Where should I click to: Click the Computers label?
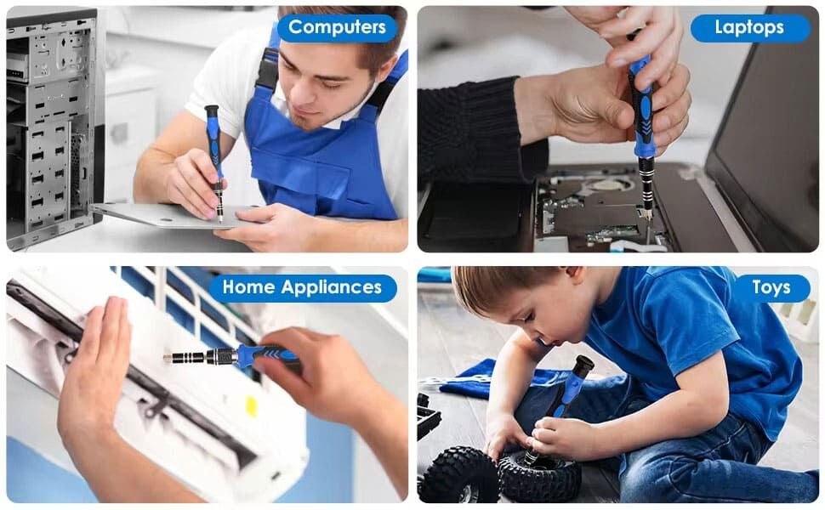[338, 27]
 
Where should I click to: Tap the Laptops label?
[750, 28]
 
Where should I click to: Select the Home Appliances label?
[302, 287]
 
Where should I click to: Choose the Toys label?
[771, 287]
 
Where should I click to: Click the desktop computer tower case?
[53, 126]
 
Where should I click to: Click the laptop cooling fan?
[611, 185]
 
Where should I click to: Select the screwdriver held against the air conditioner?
[231, 356]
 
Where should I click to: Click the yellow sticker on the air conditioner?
[252, 406]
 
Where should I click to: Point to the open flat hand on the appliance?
[94, 368]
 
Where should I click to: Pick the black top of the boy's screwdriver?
[583, 365]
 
